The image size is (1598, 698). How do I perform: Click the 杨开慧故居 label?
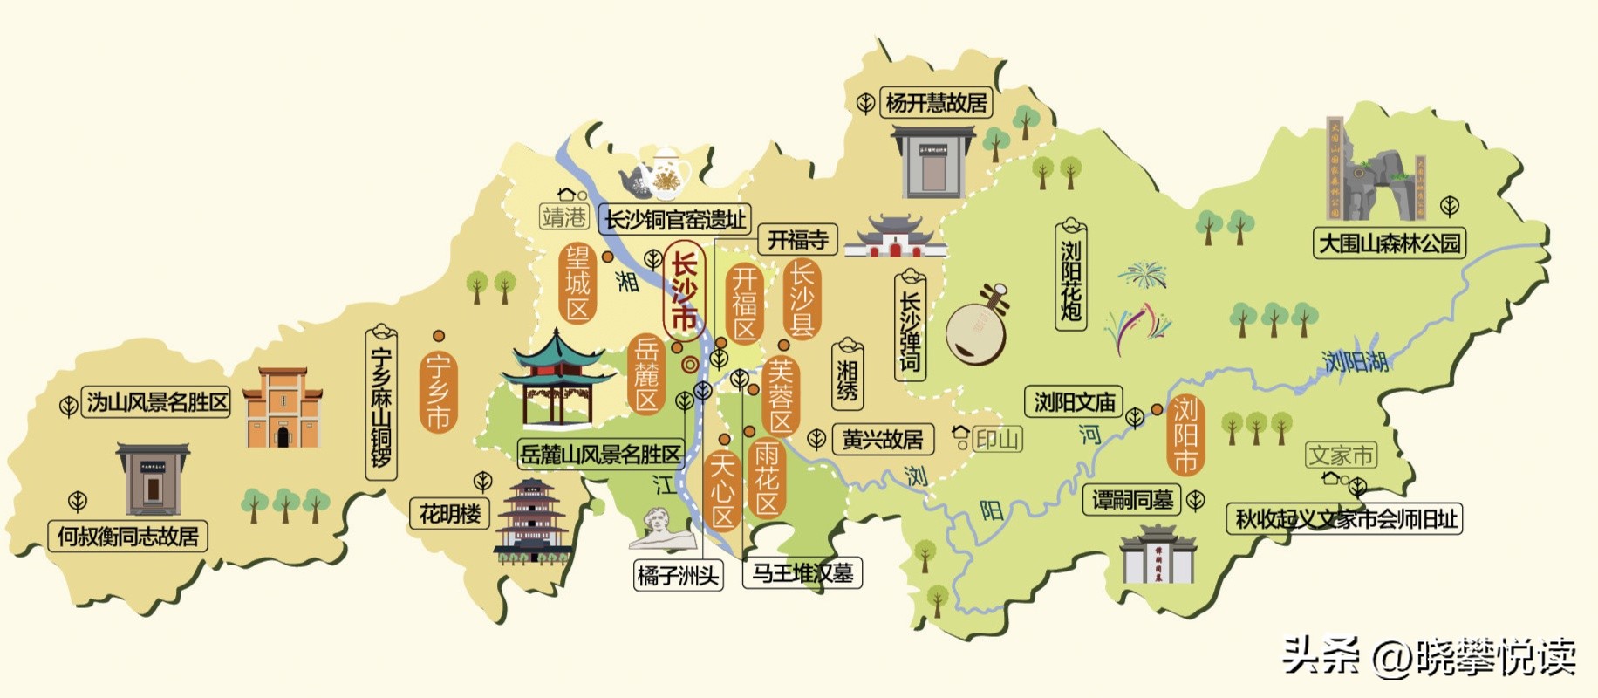point(936,103)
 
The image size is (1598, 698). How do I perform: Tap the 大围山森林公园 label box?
point(1390,243)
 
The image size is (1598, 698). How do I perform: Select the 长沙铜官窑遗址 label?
point(676,220)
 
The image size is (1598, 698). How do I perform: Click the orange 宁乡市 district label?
point(438,393)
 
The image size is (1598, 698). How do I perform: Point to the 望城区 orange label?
point(577,284)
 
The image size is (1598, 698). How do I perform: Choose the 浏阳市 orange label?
point(1185,435)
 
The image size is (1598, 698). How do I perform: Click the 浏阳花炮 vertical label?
point(1070,277)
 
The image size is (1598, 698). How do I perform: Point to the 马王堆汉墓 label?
point(802,573)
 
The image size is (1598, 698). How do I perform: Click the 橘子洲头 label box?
point(678,576)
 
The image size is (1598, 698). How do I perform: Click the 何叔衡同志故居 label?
point(128,536)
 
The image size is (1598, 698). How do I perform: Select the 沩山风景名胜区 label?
point(156,402)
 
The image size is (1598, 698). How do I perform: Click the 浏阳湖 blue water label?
point(1354,361)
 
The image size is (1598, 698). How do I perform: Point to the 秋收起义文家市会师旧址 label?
point(1346,519)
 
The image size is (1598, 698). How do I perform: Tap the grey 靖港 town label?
point(563,216)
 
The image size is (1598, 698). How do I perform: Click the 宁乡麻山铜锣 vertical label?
point(381,406)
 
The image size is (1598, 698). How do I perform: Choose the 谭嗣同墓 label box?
point(1132,500)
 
